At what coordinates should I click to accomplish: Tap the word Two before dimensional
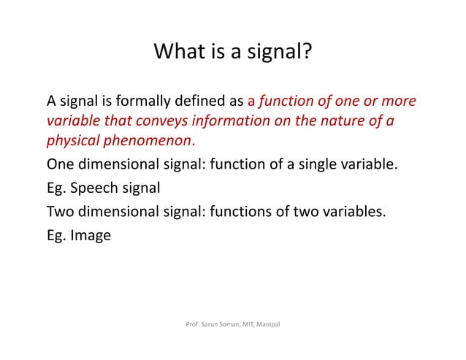click(x=61, y=212)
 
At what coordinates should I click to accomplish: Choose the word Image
click(x=91, y=236)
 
